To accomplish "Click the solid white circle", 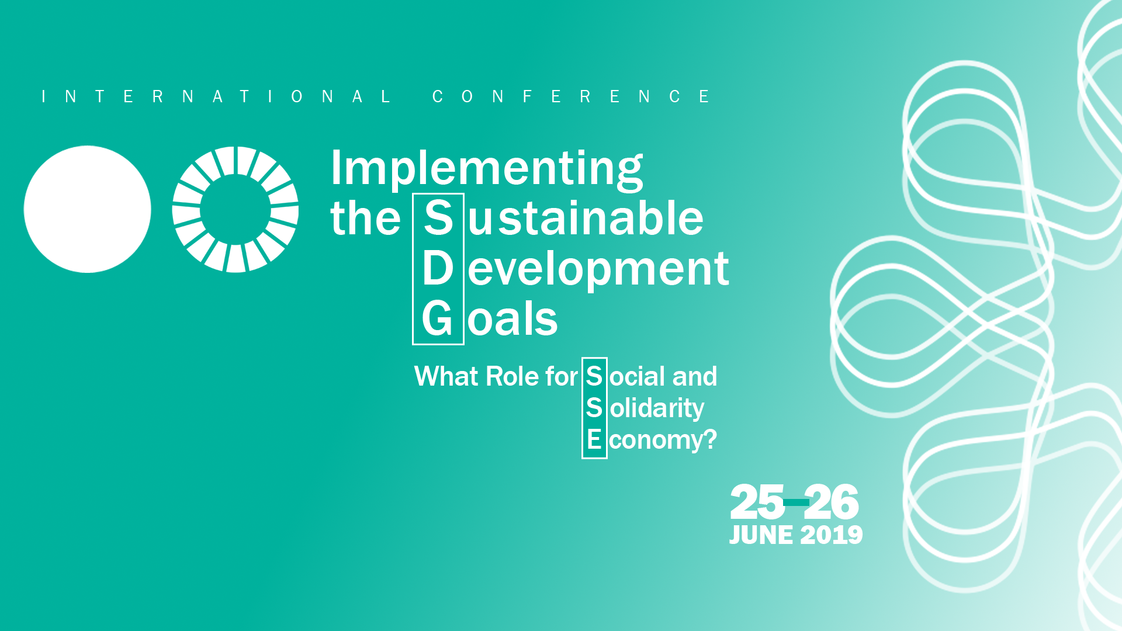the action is pyautogui.click(x=87, y=209).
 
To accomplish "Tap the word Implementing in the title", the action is pyautogui.click(x=487, y=170).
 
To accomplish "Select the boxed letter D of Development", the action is pyautogui.click(x=438, y=269).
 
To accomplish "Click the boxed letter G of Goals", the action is pyautogui.click(x=437, y=319).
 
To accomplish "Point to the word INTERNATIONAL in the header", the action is pyautogui.click(x=216, y=96).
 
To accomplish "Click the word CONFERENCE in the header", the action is pyautogui.click(x=571, y=96).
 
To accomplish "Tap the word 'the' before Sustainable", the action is pyautogui.click(x=366, y=219).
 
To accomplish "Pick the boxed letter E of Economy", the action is pyautogui.click(x=594, y=440).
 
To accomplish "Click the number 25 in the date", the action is pyautogui.click(x=757, y=502).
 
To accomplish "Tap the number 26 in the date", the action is pyautogui.click(x=832, y=502).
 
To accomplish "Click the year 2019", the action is pyautogui.click(x=832, y=535).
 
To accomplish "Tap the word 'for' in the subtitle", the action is pyautogui.click(x=562, y=376).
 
